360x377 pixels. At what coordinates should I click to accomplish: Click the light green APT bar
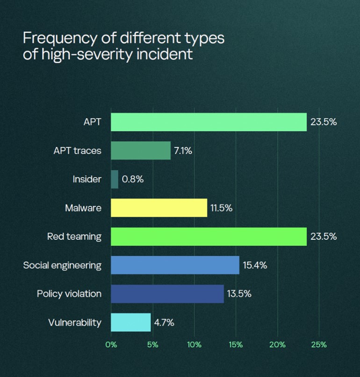209,122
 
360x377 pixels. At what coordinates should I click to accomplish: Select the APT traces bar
141,151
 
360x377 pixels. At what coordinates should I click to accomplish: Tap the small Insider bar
115,179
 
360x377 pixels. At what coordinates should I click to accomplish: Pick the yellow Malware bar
159,208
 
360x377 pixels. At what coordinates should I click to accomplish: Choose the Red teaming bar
209,236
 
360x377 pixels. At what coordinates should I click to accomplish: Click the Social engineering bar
175,265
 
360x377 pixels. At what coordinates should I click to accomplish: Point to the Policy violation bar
167,294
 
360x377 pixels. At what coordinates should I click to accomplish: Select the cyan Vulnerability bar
131,322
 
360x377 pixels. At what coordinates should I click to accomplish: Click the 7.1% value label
183,151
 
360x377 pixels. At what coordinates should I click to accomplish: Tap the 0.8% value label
132,179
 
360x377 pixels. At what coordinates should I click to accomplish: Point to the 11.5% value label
221,208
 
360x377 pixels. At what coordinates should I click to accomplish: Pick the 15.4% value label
255,265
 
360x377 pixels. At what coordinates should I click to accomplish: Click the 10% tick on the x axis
194,345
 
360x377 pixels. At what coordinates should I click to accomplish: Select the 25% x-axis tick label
319,345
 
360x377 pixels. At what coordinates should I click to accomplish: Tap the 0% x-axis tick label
111,345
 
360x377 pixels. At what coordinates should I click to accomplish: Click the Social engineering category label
62,265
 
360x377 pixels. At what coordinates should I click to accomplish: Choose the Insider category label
87,179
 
